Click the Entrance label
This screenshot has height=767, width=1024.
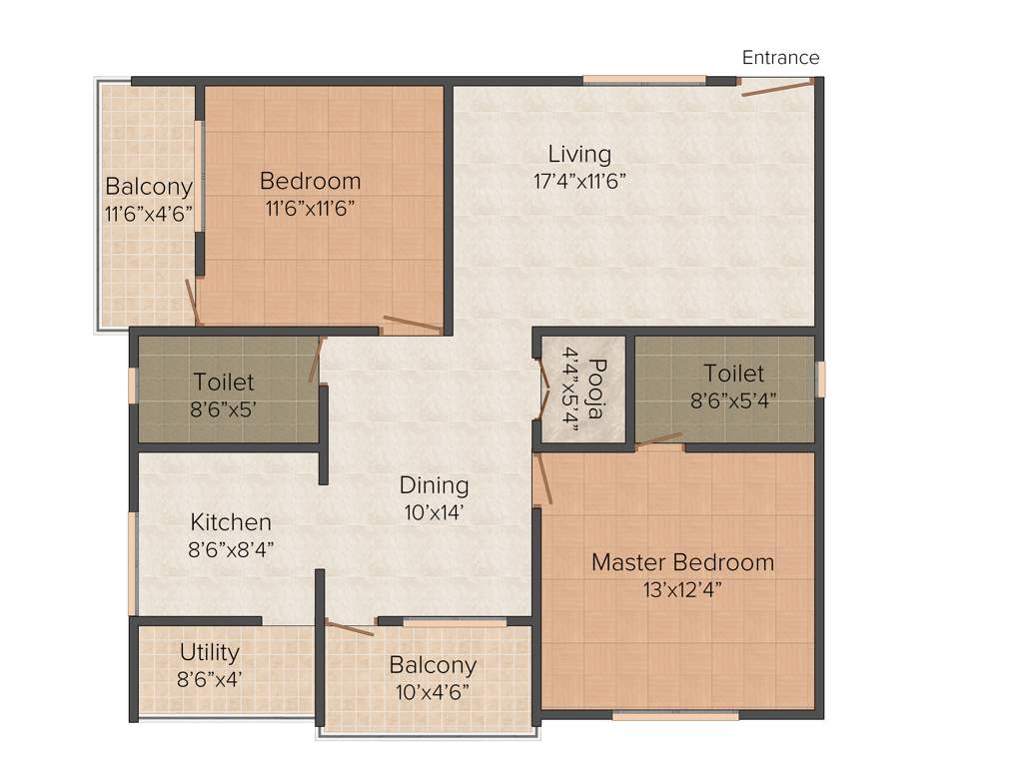coord(780,57)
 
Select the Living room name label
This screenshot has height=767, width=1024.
coord(579,154)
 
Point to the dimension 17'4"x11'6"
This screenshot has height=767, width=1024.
coord(579,181)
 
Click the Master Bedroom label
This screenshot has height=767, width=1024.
coord(682,562)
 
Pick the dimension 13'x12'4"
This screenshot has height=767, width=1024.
coord(682,589)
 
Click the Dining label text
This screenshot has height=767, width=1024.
coord(434,485)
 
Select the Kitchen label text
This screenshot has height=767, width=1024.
coord(231,522)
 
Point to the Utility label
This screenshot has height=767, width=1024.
coord(210,652)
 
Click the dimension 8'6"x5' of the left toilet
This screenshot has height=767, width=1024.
coord(225,407)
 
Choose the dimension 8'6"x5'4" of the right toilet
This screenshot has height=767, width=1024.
coord(733,399)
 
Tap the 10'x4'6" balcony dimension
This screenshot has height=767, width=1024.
coord(433,691)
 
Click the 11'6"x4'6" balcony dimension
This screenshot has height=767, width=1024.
coord(149,213)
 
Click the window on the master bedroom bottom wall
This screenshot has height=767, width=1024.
coord(675,715)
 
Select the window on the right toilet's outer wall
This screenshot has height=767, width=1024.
coord(821,380)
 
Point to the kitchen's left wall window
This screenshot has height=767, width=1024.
coord(132,564)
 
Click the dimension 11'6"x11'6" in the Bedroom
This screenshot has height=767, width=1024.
coord(310,208)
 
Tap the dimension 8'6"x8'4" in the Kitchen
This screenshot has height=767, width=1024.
coord(231,548)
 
